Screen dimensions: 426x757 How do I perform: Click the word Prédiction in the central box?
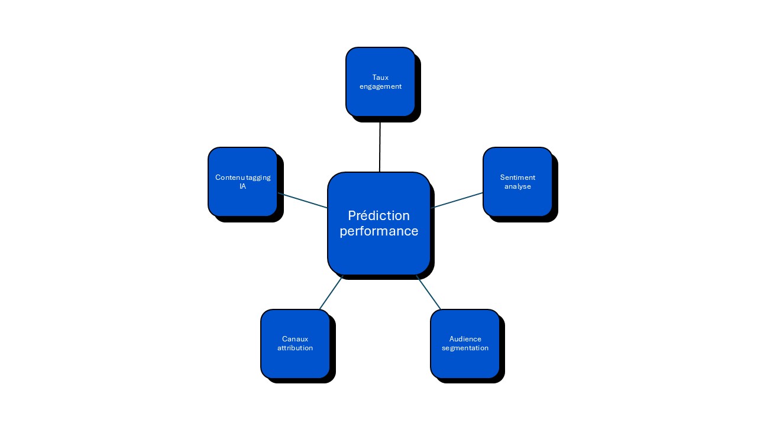[x=378, y=216]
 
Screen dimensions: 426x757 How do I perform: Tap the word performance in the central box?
[x=378, y=231]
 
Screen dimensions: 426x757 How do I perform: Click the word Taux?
[x=380, y=78]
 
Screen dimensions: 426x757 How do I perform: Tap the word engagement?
[x=380, y=86]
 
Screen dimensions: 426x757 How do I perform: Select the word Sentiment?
[x=517, y=177]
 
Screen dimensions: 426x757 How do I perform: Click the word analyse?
[x=517, y=186]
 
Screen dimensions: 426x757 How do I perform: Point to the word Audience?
[x=465, y=339]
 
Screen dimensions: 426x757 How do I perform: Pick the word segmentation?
[x=465, y=348]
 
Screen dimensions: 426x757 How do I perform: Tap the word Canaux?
[x=295, y=339]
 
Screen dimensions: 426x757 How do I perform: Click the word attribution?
[x=295, y=348]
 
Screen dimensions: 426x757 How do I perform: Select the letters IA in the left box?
[x=242, y=186]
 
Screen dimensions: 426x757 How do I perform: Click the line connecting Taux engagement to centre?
[x=380, y=145]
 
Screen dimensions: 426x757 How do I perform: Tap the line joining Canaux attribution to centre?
[x=331, y=292]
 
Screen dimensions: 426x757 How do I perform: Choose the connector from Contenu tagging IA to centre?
[x=303, y=201]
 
